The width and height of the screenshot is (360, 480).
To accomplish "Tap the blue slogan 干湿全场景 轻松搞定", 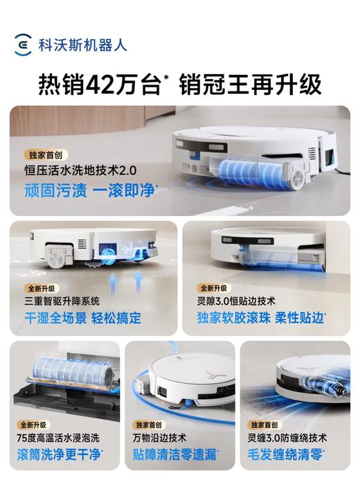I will tap(82, 319).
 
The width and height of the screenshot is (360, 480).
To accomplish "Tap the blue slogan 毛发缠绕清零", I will tap(290, 454).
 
